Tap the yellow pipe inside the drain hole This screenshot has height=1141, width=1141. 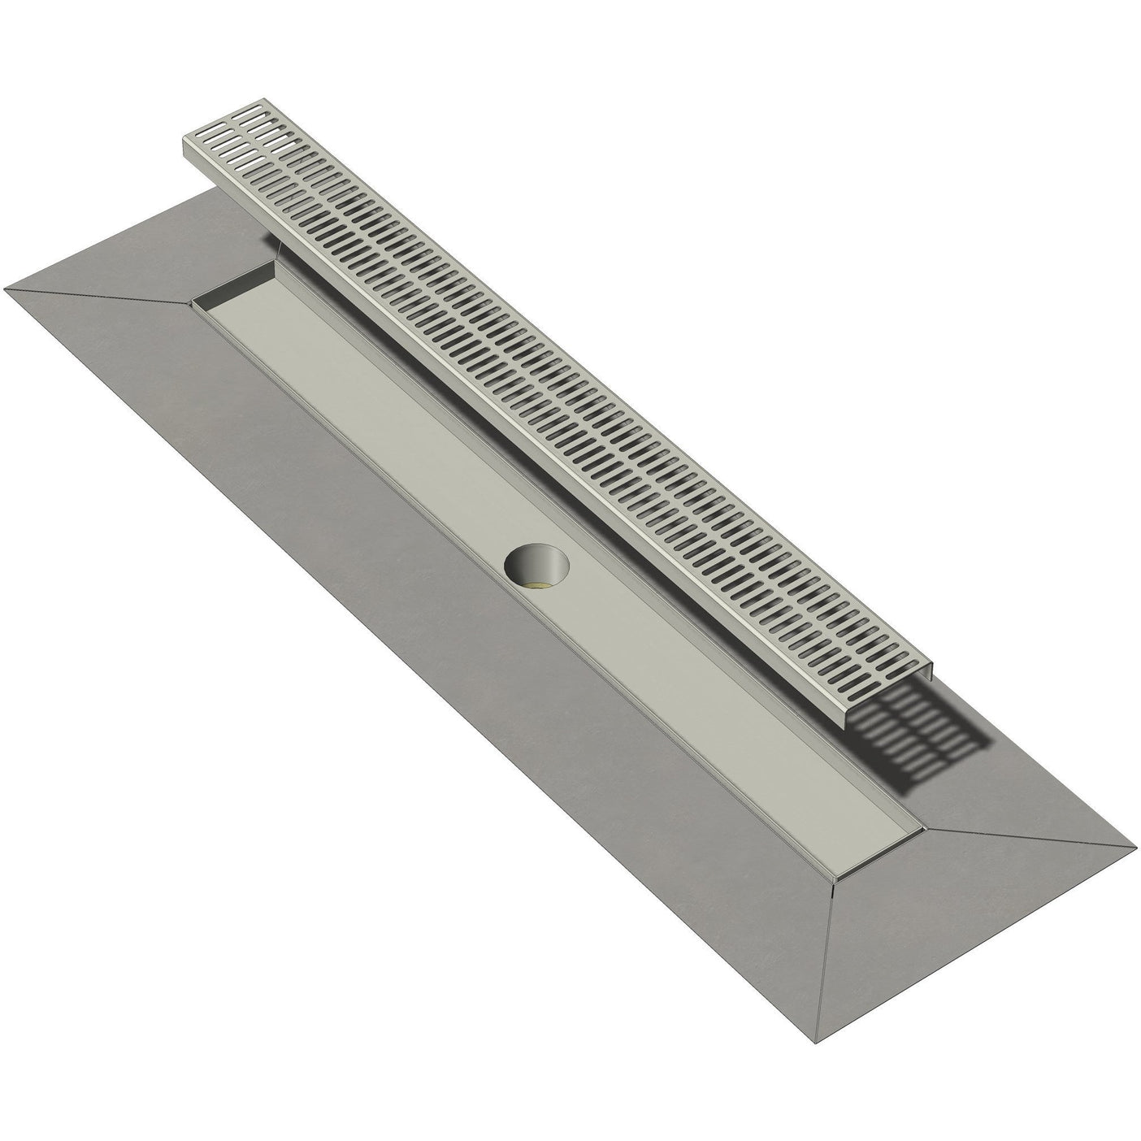click(539, 581)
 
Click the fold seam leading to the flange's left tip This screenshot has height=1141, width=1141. click(98, 296)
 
